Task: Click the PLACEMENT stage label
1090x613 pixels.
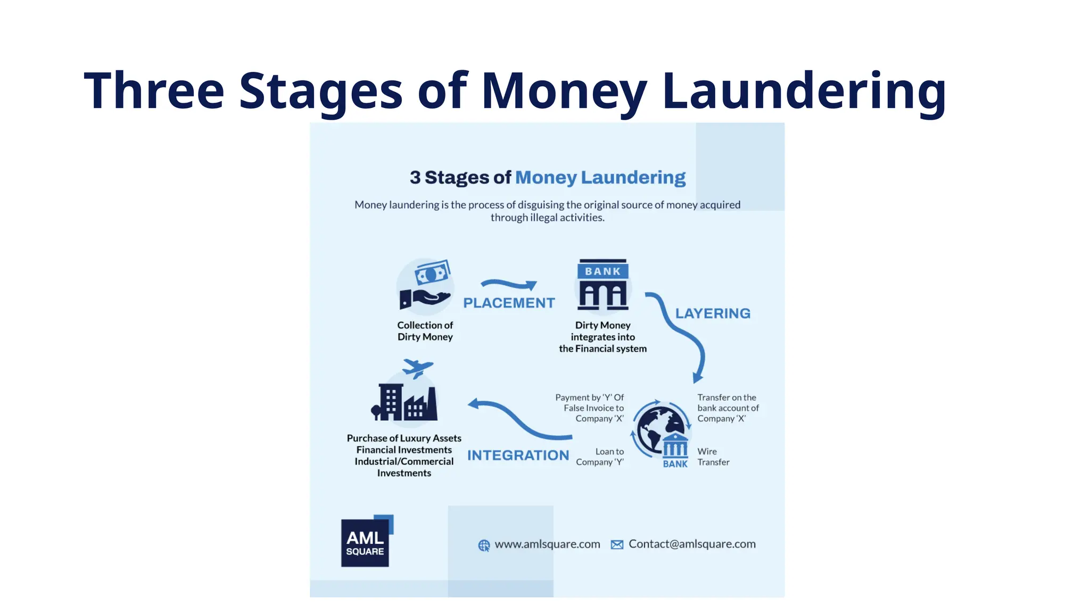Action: [x=509, y=303]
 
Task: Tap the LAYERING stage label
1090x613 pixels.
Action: [x=713, y=313]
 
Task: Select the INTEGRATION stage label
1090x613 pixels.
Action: [x=518, y=455]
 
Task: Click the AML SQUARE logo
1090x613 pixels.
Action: [x=366, y=542]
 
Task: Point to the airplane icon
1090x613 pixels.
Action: [x=417, y=367]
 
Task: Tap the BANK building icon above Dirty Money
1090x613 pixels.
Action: [x=603, y=285]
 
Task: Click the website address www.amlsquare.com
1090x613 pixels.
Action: [x=547, y=544]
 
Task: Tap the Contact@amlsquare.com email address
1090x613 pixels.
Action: [x=692, y=544]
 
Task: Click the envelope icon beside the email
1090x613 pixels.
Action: [x=617, y=545]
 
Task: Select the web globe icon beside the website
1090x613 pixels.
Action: [x=484, y=545]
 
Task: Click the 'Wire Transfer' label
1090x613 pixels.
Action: [x=713, y=457]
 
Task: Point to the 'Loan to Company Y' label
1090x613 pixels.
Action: [x=600, y=457]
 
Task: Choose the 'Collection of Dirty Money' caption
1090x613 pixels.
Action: [x=425, y=331]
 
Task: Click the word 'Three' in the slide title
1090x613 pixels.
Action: [x=154, y=91]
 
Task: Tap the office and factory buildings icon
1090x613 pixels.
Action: [x=404, y=402]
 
